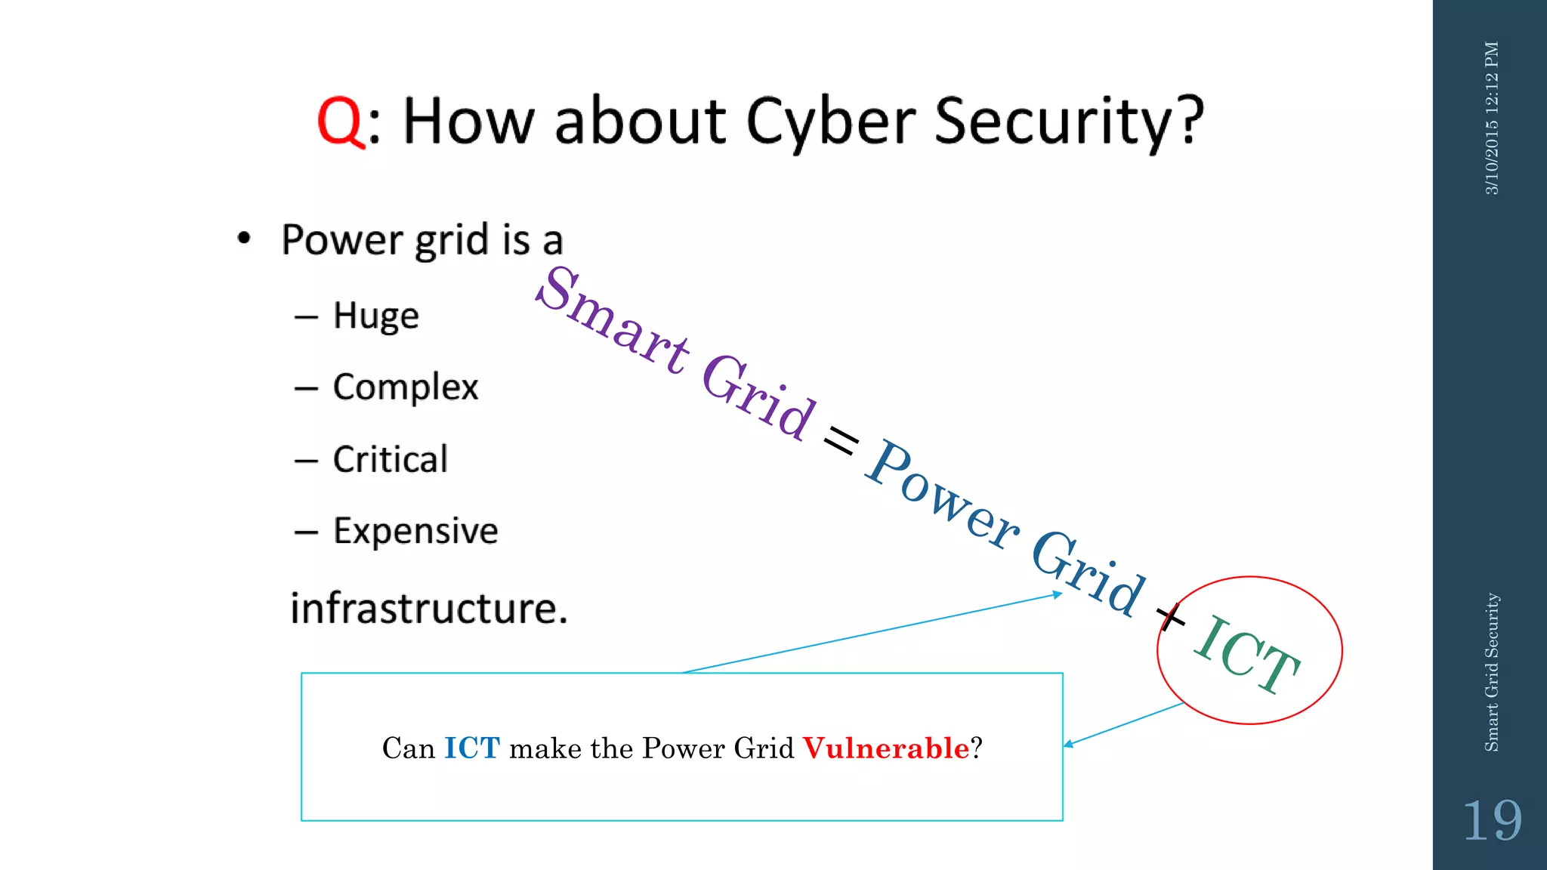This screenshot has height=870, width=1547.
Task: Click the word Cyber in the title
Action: click(831, 122)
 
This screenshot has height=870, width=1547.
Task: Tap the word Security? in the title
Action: click(1068, 122)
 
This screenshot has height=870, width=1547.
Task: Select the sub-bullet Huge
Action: click(375, 316)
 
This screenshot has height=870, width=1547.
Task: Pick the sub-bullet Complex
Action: click(406, 387)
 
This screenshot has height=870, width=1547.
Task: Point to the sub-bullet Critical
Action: click(391, 459)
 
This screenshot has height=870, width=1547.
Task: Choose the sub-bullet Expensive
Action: click(415, 531)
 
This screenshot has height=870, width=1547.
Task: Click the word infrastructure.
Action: click(428, 609)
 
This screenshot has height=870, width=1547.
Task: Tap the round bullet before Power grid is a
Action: click(243, 239)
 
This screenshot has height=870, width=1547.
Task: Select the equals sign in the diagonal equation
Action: click(841, 440)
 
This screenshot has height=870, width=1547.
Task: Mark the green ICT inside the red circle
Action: click(1247, 654)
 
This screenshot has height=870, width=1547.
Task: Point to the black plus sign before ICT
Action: click(1171, 617)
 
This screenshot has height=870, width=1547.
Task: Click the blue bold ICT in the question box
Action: click(472, 748)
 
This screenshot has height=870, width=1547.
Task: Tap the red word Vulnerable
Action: click(885, 748)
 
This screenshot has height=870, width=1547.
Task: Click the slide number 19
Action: click(1492, 821)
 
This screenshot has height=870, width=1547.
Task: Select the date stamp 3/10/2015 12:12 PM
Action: click(1492, 118)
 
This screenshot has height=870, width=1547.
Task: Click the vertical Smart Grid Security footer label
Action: click(1492, 672)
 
